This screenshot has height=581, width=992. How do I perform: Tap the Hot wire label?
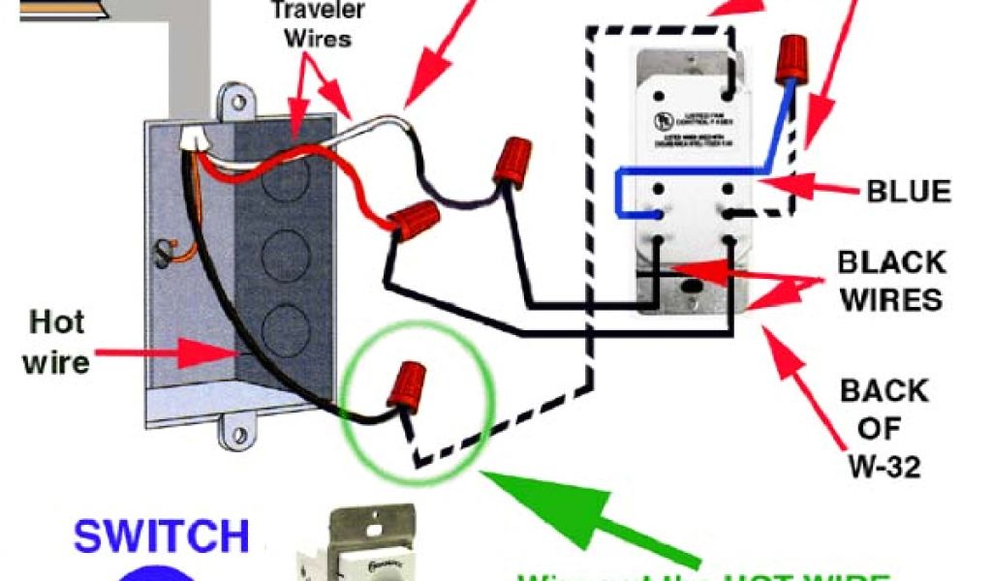click(x=57, y=341)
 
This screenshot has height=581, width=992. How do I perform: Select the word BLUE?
click(x=909, y=191)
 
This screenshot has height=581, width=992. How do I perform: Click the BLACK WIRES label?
click(x=890, y=280)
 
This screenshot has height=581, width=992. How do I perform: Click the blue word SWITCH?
click(x=162, y=536)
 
